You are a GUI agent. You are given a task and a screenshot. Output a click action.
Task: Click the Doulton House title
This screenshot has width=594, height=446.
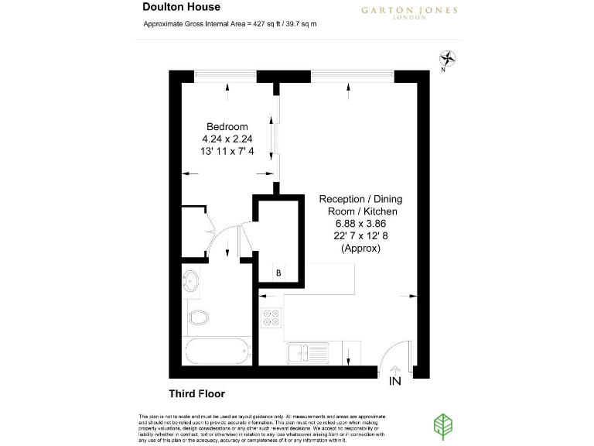click(182, 7)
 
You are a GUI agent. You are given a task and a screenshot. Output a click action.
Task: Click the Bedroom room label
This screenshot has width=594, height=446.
click(227, 127)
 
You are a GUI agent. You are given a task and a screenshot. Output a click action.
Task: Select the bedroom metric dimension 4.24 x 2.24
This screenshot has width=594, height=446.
click(227, 139)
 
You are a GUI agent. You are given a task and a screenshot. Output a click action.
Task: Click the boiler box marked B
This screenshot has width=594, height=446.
click(278, 273)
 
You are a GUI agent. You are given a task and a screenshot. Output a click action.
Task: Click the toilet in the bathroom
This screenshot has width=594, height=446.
click(198, 317)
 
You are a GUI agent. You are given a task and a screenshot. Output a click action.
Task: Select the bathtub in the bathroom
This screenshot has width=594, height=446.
click(217, 351)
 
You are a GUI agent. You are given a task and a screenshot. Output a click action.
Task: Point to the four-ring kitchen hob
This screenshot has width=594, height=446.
click(271, 318)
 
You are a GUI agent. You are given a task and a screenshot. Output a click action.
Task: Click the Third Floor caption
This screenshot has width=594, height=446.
click(196, 393)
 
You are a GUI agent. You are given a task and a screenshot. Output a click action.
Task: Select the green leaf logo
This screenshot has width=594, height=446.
click(442, 425)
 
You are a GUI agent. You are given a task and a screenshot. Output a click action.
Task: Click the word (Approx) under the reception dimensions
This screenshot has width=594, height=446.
click(360, 249)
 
